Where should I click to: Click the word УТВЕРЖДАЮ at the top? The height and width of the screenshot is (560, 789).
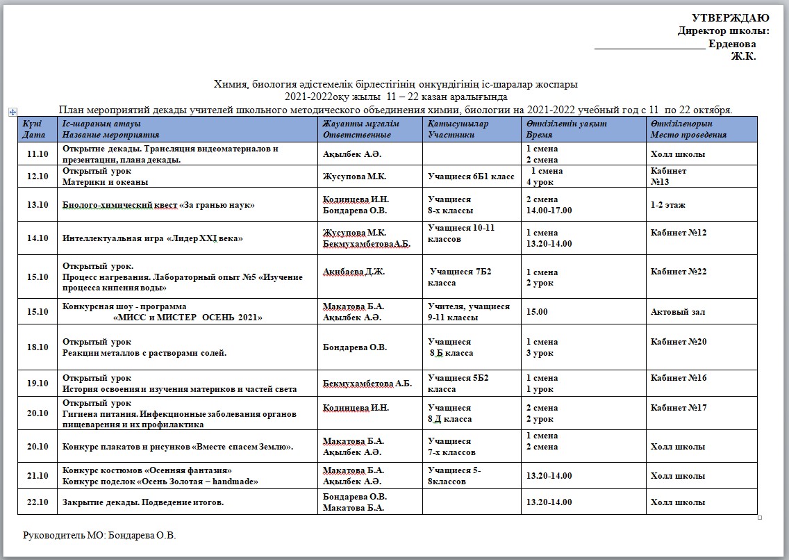point(730,18)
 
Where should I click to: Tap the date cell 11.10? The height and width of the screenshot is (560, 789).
point(37,154)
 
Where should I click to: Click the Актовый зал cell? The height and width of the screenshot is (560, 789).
point(678,312)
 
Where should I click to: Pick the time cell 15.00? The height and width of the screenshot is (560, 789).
point(537,312)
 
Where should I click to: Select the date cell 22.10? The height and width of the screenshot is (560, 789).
point(37,502)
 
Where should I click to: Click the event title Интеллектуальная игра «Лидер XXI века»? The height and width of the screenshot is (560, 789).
point(153,238)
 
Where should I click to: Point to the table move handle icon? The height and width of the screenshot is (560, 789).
point(13,111)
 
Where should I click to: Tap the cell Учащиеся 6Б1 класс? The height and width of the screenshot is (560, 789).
point(472,176)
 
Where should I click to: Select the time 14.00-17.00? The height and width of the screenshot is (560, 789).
point(549,210)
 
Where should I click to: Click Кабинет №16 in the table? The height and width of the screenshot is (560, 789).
point(679,378)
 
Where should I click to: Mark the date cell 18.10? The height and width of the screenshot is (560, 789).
point(37,347)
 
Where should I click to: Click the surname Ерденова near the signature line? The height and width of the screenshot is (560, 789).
point(732,44)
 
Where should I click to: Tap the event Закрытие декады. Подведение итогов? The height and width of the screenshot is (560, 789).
point(144,502)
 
